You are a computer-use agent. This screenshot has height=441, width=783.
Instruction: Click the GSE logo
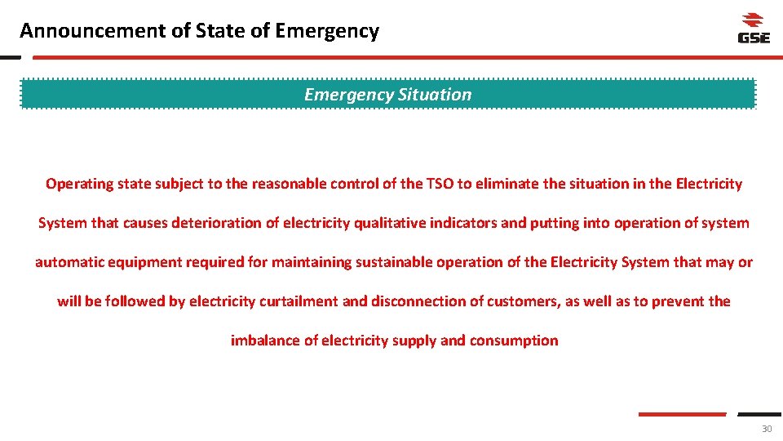(x=753, y=29)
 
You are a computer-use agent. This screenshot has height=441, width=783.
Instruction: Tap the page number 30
(x=766, y=430)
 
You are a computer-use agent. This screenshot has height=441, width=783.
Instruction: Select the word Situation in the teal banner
(x=435, y=95)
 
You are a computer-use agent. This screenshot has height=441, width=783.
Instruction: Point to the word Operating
(x=79, y=184)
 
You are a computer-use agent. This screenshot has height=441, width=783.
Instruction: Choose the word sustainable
(x=392, y=262)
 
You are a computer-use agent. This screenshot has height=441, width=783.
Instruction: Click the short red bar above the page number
(x=681, y=414)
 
